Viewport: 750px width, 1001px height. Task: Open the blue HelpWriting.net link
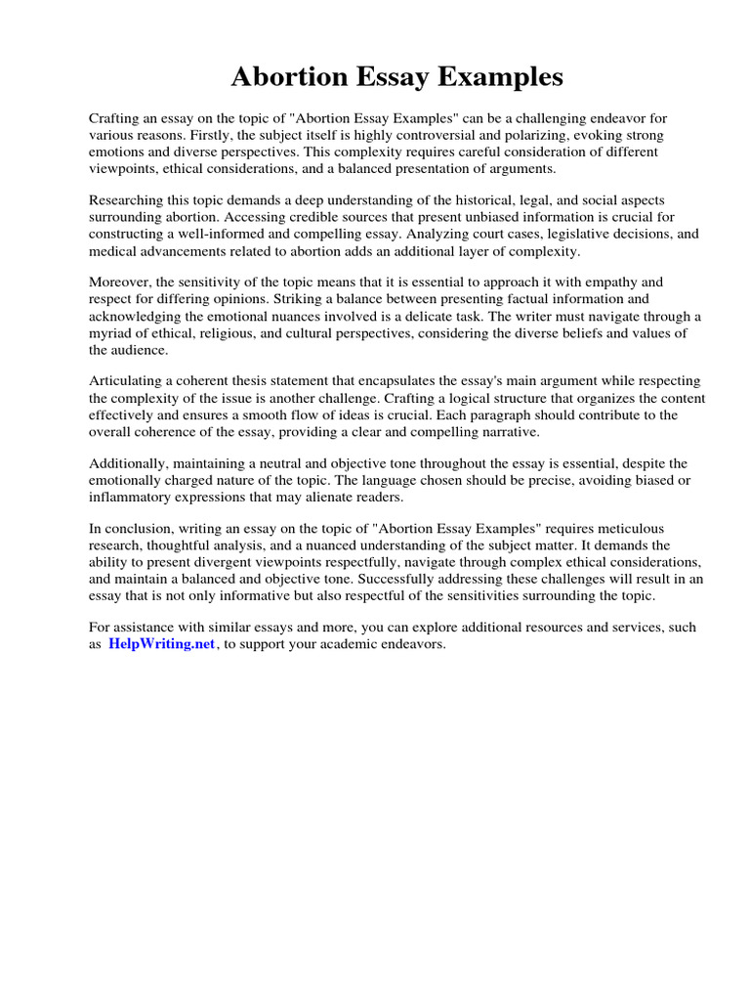tap(161, 645)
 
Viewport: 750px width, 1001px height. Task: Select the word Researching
tap(127, 199)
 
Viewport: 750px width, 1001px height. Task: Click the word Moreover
tap(121, 282)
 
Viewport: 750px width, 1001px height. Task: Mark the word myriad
tap(110, 333)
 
